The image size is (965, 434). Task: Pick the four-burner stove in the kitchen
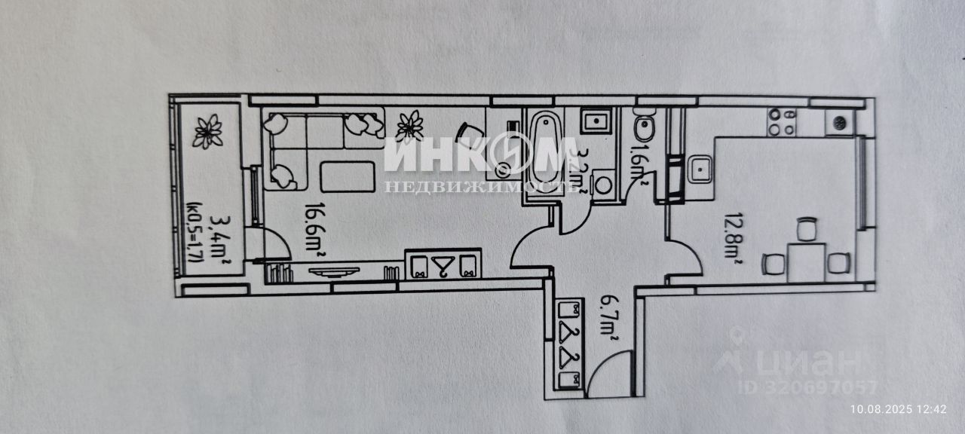click(x=782, y=122)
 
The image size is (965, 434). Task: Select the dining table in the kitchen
click(x=807, y=262)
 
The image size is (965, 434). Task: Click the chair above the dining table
click(x=807, y=229)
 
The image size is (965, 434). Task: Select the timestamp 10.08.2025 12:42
click(x=898, y=409)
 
